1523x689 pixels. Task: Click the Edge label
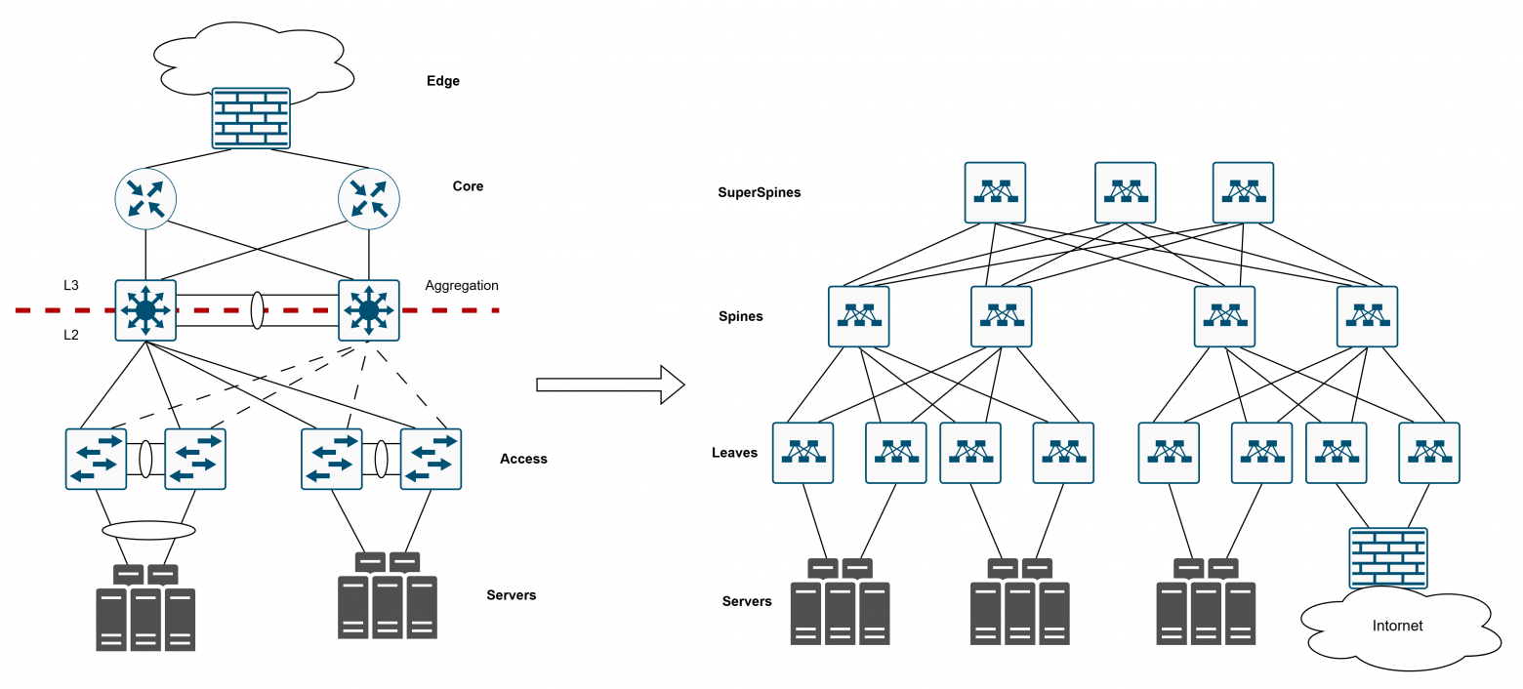[442, 81]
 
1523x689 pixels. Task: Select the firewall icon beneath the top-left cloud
[252, 118]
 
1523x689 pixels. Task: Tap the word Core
[468, 186]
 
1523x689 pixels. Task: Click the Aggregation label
[462, 286]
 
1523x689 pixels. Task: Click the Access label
[523, 459]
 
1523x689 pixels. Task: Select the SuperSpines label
[759, 192]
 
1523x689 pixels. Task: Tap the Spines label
[741, 316]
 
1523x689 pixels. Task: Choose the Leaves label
[734, 453]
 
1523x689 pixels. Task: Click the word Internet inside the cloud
[1397, 626]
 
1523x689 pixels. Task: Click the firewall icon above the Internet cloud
[1387, 558]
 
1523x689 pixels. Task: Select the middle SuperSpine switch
[1125, 192]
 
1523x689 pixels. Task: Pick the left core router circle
[145, 200]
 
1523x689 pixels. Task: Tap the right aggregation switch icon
[368, 310]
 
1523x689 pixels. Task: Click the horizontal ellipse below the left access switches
[148, 531]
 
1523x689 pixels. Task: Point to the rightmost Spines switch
[1367, 316]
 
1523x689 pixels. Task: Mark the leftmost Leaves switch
[803, 453]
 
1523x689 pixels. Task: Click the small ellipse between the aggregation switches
[258, 310]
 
